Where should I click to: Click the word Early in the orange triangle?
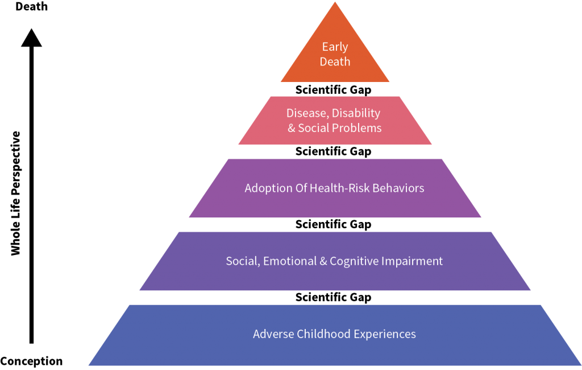(x=335, y=47)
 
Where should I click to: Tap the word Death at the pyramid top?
(x=335, y=61)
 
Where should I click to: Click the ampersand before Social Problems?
(x=292, y=128)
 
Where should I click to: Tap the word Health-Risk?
(x=339, y=188)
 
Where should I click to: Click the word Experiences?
(x=385, y=334)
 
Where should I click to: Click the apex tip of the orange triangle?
(x=335, y=3)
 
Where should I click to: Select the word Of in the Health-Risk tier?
(x=300, y=188)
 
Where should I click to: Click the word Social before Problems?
(x=314, y=128)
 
